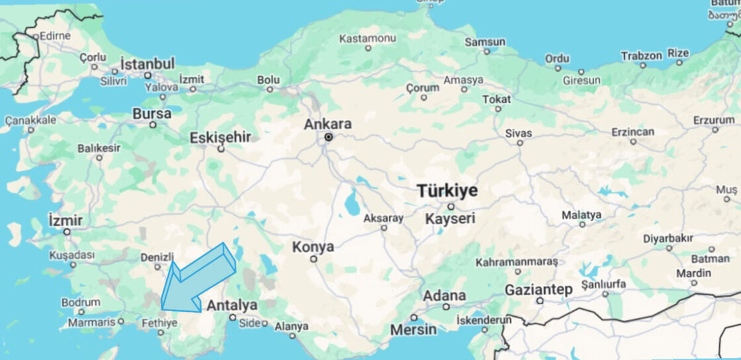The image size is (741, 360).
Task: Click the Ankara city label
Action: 327,124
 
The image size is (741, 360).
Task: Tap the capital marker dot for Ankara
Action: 329,137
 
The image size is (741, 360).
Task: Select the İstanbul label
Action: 148,64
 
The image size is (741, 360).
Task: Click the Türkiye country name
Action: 447,191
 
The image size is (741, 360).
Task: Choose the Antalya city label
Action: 232,306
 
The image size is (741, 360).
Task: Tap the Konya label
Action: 313,247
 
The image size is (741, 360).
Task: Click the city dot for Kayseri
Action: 451,206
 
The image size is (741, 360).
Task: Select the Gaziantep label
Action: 539,290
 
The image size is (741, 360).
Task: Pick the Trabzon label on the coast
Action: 641,56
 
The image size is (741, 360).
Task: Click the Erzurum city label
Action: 714,120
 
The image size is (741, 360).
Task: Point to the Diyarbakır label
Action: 668,238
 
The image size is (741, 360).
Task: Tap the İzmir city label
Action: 65,220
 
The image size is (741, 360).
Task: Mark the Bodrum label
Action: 80,302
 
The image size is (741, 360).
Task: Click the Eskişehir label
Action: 220,138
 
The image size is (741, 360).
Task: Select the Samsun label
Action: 485,42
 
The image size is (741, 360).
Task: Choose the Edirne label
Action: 55,36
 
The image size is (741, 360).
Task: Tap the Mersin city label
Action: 413,329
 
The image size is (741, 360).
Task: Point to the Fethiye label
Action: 159,324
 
